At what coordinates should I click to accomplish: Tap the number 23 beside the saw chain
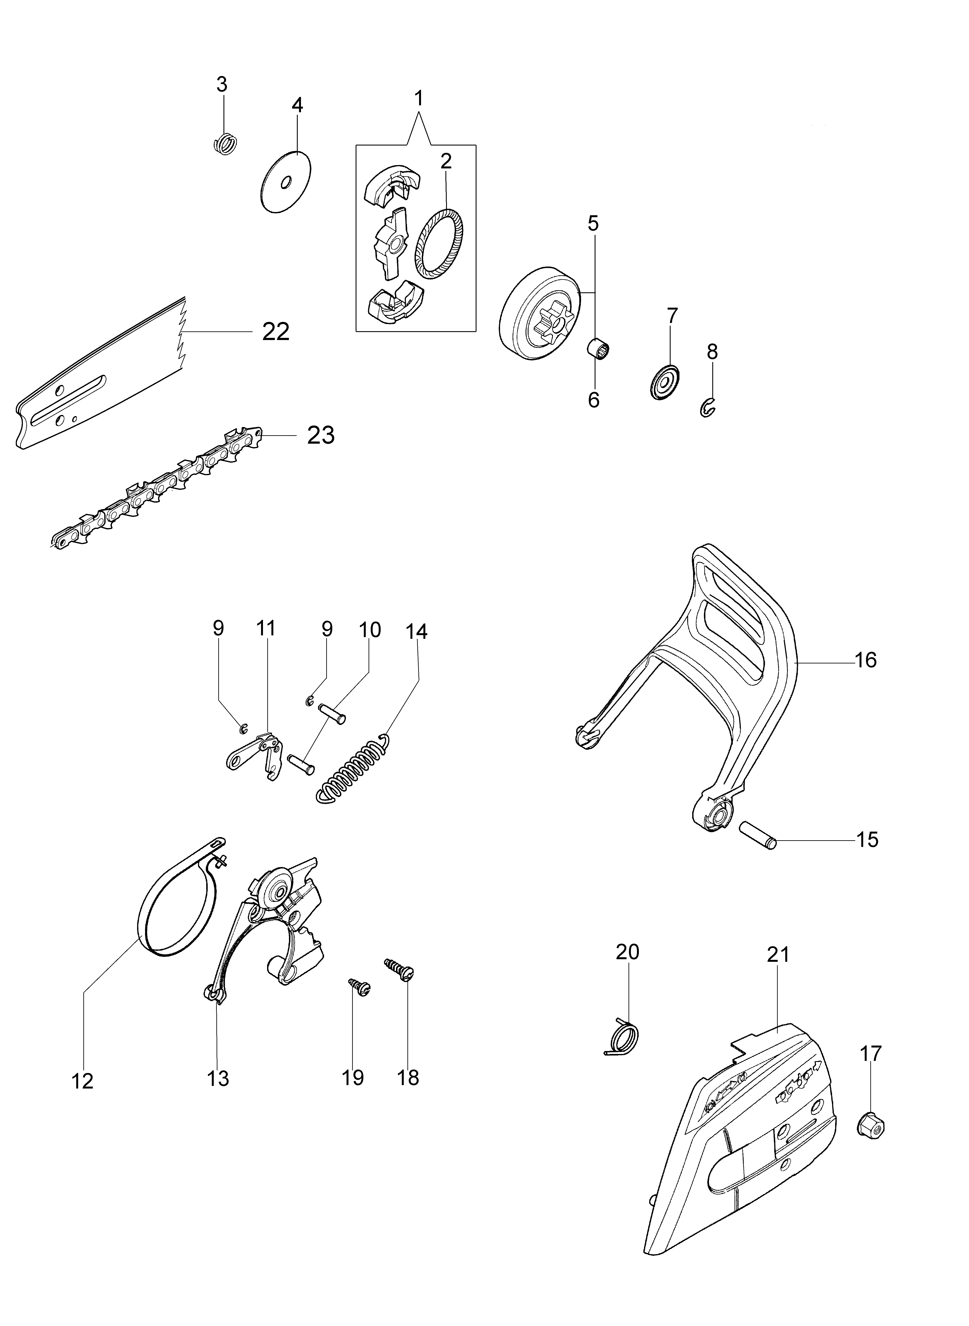(321, 435)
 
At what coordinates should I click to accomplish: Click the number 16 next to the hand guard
(866, 660)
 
